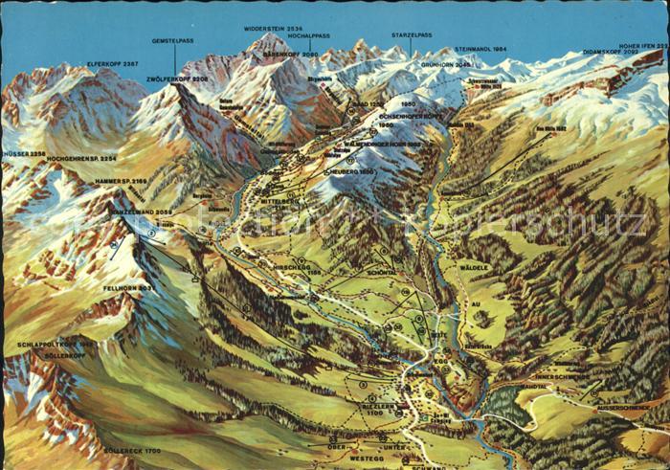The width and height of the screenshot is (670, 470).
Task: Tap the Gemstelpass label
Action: pyautogui.click(x=173, y=42)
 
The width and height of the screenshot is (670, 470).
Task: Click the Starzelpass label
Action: pyautogui.click(x=412, y=34)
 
